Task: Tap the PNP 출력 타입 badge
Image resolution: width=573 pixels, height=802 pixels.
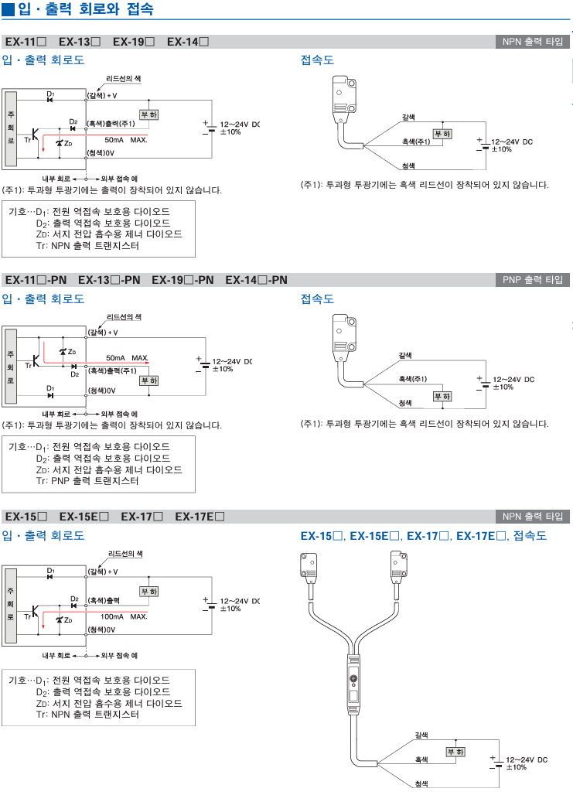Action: (x=533, y=279)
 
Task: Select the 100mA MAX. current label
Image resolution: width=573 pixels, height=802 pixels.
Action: (x=124, y=616)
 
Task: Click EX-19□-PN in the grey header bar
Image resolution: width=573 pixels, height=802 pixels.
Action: (x=182, y=279)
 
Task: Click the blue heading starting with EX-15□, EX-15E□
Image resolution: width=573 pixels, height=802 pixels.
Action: (x=423, y=536)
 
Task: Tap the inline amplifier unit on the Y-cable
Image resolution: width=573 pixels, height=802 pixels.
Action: (x=353, y=681)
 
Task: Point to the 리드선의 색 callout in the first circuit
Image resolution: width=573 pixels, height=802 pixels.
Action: (x=124, y=79)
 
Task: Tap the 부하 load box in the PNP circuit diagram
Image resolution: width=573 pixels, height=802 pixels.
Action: (x=148, y=380)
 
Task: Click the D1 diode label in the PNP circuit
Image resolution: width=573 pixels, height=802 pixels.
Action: (x=50, y=388)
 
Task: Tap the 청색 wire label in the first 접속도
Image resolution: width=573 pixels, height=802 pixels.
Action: (x=408, y=166)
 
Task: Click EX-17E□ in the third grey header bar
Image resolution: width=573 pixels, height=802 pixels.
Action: (x=200, y=517)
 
